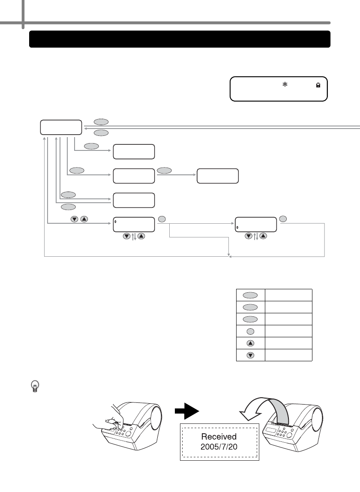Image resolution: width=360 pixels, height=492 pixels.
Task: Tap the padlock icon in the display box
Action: click(318, 85)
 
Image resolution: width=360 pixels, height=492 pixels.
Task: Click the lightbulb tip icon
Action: click(35, 387)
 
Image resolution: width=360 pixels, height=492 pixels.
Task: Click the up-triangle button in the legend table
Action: click(250, 343)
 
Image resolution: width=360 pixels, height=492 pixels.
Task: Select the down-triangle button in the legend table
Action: click(250, 355)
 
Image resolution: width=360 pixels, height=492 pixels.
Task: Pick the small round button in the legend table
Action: click(250, 331)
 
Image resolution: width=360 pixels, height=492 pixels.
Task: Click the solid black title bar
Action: click(180, 39)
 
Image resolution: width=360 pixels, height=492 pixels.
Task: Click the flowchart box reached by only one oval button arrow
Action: click(133, 152)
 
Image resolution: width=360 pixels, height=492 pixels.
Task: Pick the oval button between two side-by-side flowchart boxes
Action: click(164, 170)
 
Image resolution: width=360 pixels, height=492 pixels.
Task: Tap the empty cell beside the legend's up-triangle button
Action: click(288, 343)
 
